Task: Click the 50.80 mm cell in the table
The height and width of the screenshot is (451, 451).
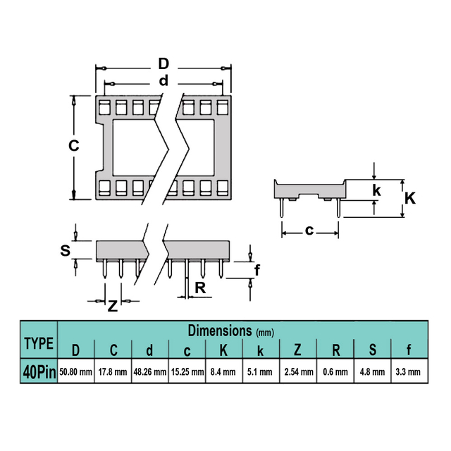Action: (x=75, y=372)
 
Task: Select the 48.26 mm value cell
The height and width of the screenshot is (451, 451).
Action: (x=150, y=372)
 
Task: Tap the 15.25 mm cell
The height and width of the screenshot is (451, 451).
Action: (x=187, y=372)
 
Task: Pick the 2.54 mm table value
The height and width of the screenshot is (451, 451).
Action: (x=299, y=372)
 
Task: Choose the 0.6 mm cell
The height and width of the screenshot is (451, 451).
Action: (x=335, y=372)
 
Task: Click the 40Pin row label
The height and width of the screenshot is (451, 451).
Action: (x=39, y=372)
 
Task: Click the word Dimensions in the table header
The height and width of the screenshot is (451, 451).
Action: (x=220, y=330)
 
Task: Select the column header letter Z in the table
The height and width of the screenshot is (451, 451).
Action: (x=297, y=350)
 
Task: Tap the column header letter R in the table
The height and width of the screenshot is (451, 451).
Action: (x=335, y=350)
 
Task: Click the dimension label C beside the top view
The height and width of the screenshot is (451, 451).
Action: (x=73, y=146)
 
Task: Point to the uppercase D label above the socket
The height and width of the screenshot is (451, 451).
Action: (x=163, y=63)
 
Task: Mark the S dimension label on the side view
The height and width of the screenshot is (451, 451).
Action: (x=66, y=250)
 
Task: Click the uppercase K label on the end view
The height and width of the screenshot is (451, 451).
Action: (x=410, y=198)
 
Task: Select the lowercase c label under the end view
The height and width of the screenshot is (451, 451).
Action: (x=309, y=230)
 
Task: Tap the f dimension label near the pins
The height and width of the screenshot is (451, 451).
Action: (x=257, y=270)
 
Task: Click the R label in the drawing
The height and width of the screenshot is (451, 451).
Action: (x=200, y=288)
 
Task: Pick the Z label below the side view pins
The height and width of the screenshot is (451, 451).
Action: (x=113, y=306)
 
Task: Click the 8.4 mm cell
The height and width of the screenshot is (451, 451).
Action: (x=223, y=372)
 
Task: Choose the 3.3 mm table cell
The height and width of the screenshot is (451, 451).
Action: (x=408, y=372)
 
